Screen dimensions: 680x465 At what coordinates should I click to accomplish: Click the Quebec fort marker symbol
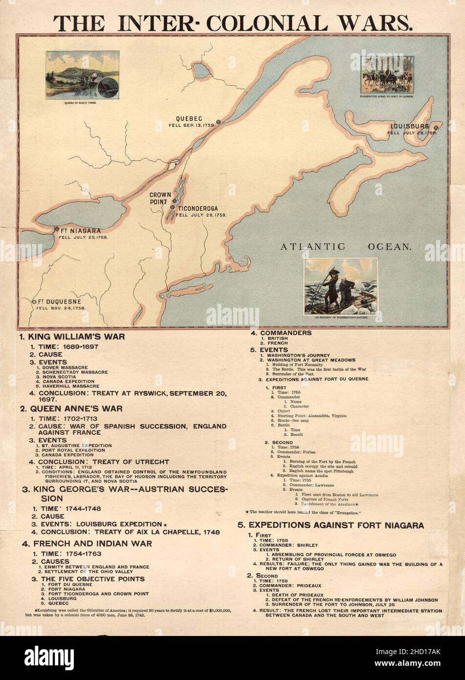pyautogui.click(x=219, y=122)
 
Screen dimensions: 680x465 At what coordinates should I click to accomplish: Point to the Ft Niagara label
pyautogui.click(x=81, y=230)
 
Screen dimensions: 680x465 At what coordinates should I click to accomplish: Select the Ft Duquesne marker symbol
pyautogui.click(x=35, y=302)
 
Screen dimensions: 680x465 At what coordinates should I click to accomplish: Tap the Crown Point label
pyautogui.click(x=160, y=198)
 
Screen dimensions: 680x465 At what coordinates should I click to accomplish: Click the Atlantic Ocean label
pyautogui.click(x=345, y=247)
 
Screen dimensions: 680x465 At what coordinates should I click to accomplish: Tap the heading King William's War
pyautogui.click(x=72, y=337)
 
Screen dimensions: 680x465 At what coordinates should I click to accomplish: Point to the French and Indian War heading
pyautogui.click(x=87, y=543)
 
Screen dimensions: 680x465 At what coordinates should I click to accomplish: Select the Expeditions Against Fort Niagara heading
pyautogui.click(x=330, y=525)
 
